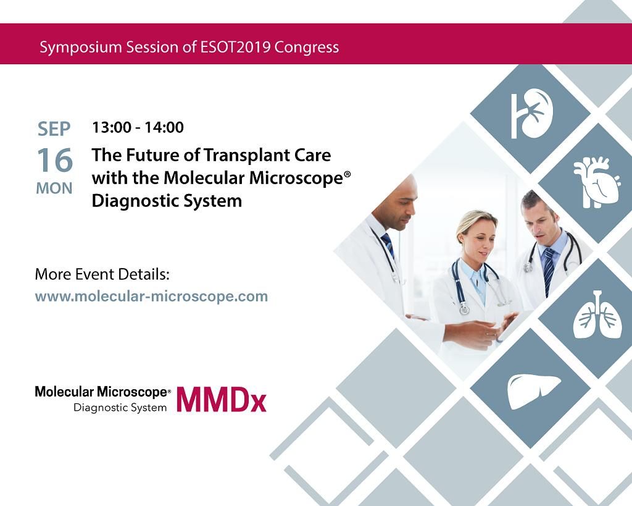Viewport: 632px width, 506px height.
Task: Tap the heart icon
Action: point(597,182)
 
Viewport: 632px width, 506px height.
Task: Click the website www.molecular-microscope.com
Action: point(152,296)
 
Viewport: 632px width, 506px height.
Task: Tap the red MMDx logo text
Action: point(222,400)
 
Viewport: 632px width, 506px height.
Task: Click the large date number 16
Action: point(55,160)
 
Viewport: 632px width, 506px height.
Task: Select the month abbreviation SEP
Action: point(54,129)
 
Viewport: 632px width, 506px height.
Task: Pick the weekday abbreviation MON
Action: point(54,188)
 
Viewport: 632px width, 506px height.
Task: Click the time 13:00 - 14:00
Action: point(138,127)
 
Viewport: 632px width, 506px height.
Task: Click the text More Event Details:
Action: point(102,274)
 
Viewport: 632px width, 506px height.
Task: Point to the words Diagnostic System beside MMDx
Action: point(120,408)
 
